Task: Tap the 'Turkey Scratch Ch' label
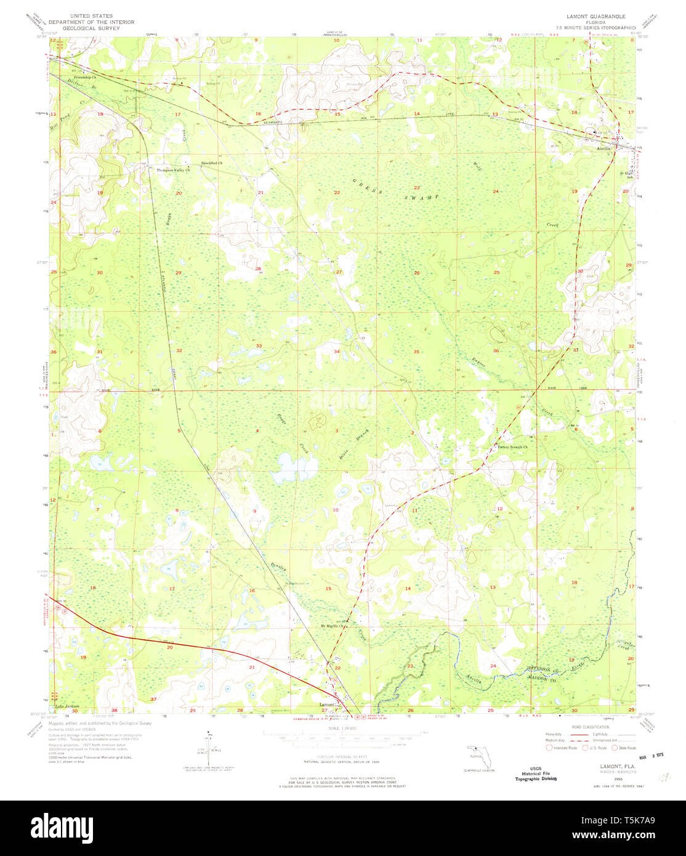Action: pos(509,447)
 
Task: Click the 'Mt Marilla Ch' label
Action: pos(333,627)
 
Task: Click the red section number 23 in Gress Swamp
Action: pos(417,188)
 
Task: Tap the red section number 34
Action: pos(337,351)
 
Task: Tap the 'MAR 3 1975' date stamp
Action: pos(654,754)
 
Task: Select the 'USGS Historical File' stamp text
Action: pos(536,774)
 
